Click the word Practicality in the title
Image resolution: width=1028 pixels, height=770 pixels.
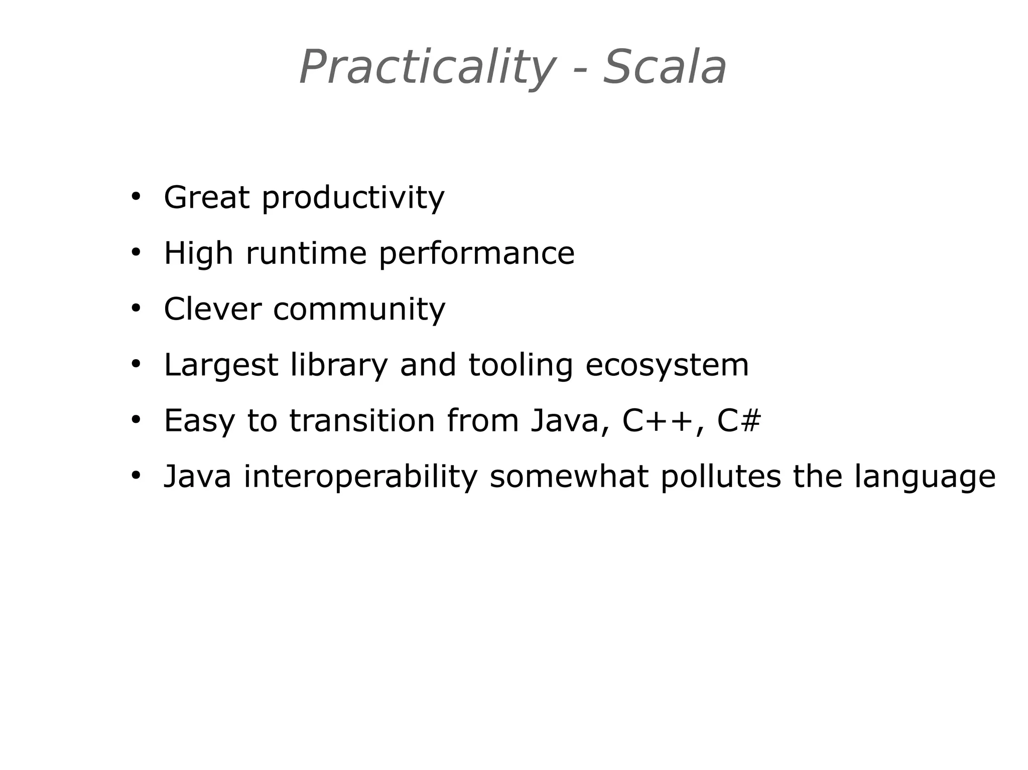(x=427, y=68)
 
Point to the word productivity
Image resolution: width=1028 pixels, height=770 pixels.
(x=353, y=199)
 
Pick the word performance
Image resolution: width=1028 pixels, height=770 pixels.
(x=476, y=254)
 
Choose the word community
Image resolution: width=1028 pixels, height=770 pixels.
(x=359, y=310)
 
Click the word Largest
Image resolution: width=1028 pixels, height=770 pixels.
(x=221, y=365)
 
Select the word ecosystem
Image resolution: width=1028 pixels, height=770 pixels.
(x=667, y=365)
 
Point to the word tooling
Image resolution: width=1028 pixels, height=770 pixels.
(x=520, y=365)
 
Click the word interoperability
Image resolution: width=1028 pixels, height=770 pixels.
(x=360, y=477)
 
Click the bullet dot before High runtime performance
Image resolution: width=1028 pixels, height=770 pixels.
(x=135, y=252)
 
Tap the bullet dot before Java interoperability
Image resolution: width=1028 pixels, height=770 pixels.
(x=135, y=475)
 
